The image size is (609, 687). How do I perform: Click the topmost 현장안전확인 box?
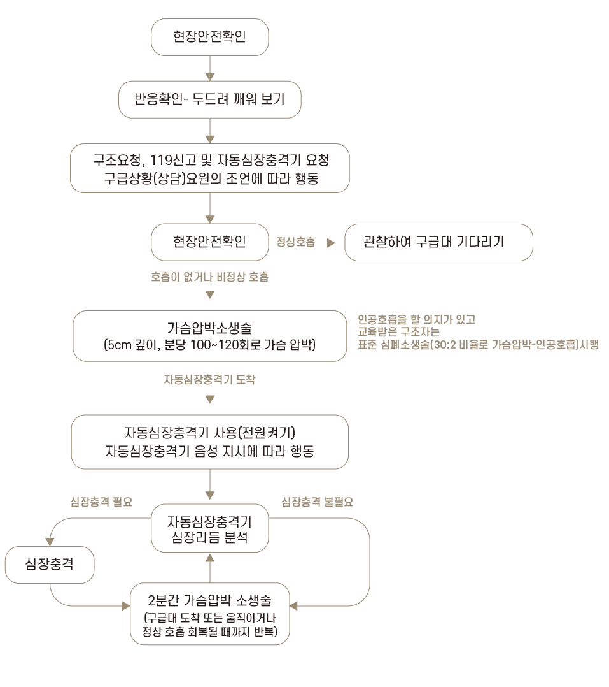(x=209, y=36)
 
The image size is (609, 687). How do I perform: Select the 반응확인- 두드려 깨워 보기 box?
(x=209, y=99)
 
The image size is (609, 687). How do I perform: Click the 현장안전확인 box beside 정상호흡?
(x=209, y=242)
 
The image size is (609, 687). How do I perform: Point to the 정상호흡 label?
(x=295, y=243)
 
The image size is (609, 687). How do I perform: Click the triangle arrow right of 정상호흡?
(x=330, y=243)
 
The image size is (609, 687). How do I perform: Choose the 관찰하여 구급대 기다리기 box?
(x=438, y=242)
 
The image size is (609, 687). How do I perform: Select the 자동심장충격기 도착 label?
(x=209, y=380)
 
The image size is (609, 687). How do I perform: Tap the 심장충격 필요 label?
(x=101, y=502)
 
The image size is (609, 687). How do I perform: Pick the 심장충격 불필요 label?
(x=317, y=502)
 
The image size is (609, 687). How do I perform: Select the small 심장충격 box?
(x=50, y=563)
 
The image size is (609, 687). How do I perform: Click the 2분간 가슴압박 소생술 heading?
(x=209, y=600)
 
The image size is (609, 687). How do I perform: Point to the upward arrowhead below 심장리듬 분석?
(x=210, y=558)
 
